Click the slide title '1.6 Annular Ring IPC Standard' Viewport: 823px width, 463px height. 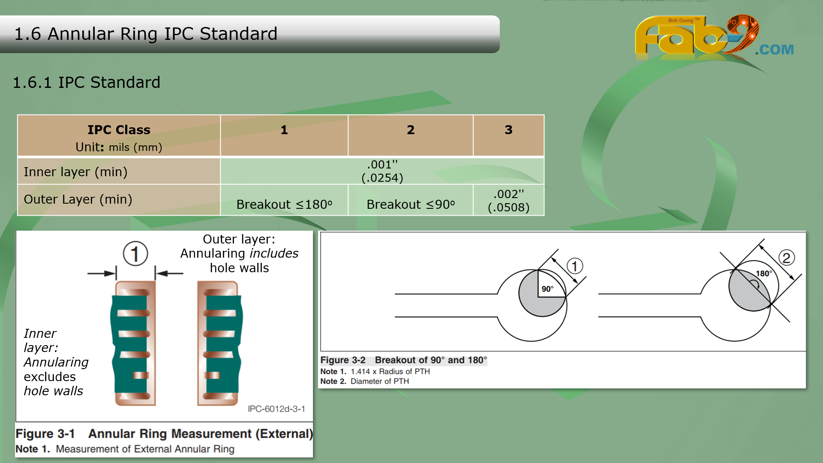click(x=146, y=34)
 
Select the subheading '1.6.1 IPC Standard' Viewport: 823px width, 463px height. click(x=87, y=82)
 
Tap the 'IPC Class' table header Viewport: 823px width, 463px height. click(x=119, y=130)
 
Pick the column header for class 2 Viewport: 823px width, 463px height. click(x=411, y=130)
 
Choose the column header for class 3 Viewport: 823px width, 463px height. click(x=508, y=130)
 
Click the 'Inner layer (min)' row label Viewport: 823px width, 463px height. click(x=75, y=172)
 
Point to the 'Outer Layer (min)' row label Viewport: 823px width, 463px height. click(x=78, y=199)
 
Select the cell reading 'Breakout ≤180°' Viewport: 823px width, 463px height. click(x=284, y=204)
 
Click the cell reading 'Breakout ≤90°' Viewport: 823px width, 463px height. click(x=411, y=204)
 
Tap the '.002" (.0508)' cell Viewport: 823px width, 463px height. click(x=508, y=201)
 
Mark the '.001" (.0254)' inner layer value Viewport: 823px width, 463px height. click(x=382, y=171)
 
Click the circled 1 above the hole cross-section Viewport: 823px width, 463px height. click(x=135, y=253)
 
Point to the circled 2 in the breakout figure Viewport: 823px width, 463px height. click(x=786, y=258)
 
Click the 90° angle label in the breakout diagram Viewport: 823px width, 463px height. click(x=547, y=289)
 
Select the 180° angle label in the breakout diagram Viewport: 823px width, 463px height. click(x=764, y=274)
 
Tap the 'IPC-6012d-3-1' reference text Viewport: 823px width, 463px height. click(x=276, y=409)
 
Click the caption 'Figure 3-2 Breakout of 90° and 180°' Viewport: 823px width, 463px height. click(x=403, y=360)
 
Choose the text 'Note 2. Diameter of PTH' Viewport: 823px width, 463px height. click(x=364, y=381)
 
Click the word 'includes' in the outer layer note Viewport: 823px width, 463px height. click(x=274, y=253)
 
